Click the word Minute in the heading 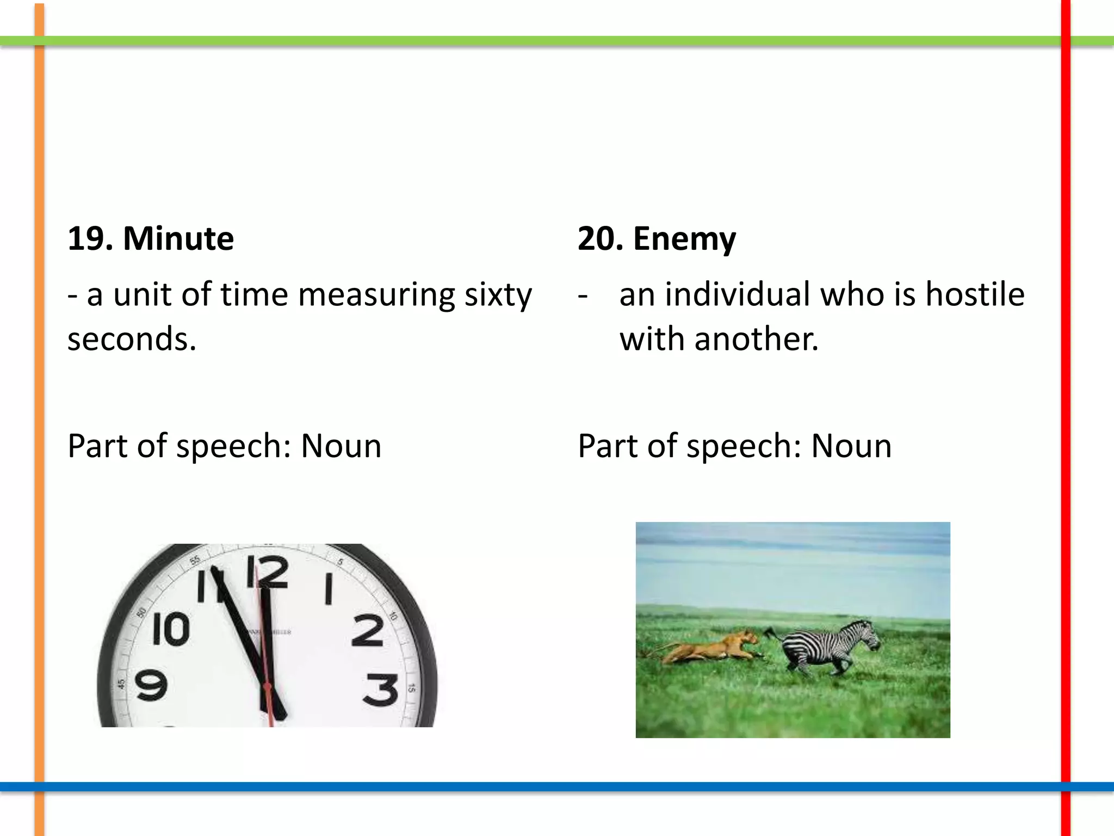click(x=178, y=238)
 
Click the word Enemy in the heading click(x=684, y=239)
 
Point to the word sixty click(x=498, y=296)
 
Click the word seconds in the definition click(x=131, y=339)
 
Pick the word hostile click(x=975, y=294)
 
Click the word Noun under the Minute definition click(x=341, y=446)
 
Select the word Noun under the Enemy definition click(x=851, y=446)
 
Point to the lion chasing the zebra click(x=713, y=648)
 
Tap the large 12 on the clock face click(x=267, y=571)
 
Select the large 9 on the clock click(x=151, y=686)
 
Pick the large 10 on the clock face click(x=171, y=629)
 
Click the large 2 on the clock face click(x=368, y=630)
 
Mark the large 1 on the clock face click(x=328, y=589)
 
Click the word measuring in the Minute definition click(x=376, y=296)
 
